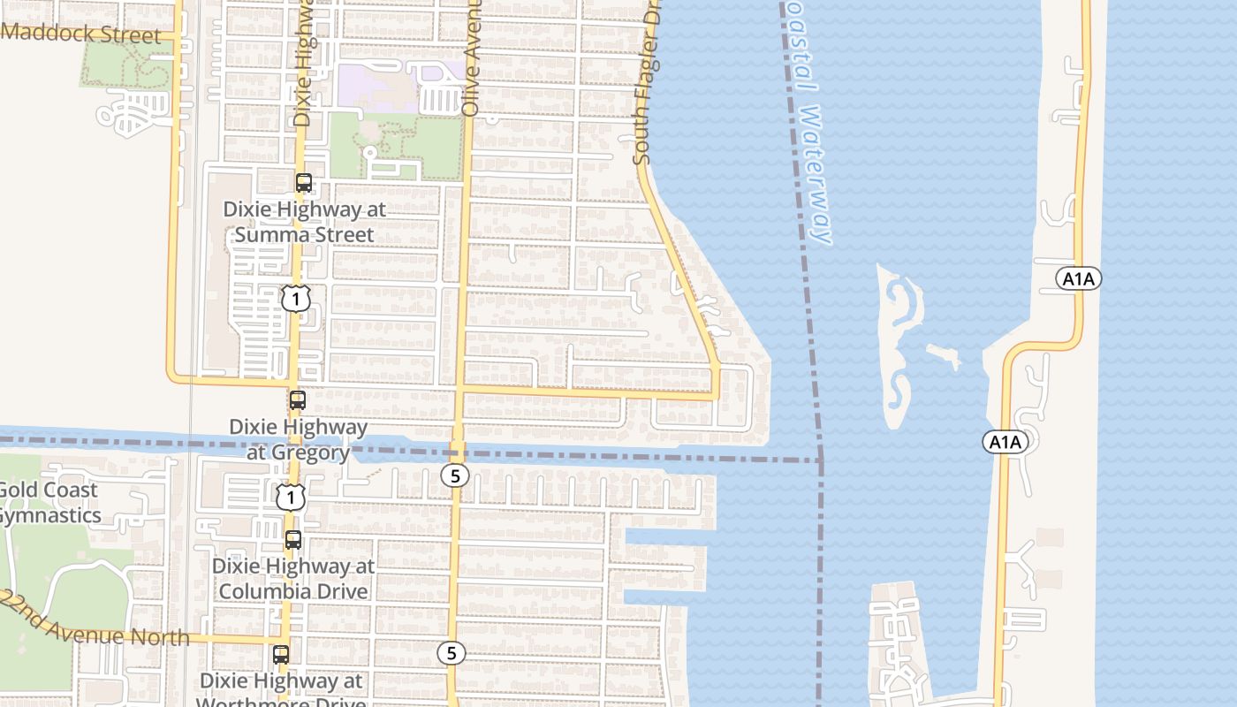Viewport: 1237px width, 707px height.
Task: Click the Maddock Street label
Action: (x=82, y=34)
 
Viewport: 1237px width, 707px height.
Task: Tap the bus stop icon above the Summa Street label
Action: (x=303, y=183)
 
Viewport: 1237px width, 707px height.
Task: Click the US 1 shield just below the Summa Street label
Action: (x=296, y=299)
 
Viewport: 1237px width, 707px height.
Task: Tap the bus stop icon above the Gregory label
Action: (x=298, y=399)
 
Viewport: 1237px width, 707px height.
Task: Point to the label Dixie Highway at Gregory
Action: (x=298, y=439)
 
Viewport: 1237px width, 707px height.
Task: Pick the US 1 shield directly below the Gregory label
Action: (x=290, y=498)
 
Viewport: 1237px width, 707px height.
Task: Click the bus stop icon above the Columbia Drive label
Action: (x=292, y=539)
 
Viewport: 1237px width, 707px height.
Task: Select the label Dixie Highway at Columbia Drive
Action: (x=293, y=578)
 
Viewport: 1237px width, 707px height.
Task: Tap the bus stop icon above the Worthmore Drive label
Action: (x=281, y=655)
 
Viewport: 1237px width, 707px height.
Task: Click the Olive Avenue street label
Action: (x=472, y=57)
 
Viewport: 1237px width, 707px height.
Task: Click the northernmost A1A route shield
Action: (x=1079, y=279)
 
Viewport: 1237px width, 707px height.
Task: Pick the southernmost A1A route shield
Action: (x=1005, y=442)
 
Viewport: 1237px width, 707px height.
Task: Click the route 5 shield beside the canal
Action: (x=454, y=476)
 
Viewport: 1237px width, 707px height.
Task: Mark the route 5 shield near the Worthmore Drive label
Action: (x=452, y=653)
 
